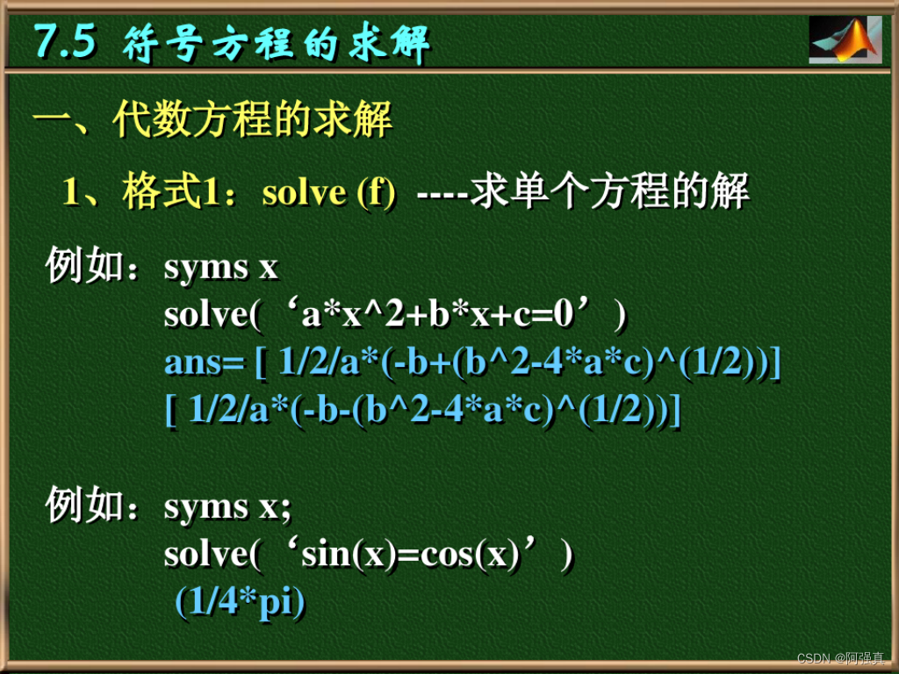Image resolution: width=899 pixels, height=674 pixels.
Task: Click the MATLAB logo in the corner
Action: (x=845, y=39)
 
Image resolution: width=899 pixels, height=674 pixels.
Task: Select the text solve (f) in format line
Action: (x=328, y=192)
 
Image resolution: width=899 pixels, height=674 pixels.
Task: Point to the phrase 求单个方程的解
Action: (x=609, y=192)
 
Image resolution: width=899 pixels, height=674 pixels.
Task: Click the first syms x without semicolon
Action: (x=221, y=268)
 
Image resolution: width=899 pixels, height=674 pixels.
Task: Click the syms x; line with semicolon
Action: (x=227, y=506)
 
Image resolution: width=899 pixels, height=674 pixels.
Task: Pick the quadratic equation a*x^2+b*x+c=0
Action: (x=439, y=314)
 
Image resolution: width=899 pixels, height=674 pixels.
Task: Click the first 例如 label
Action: (x=86, y=267)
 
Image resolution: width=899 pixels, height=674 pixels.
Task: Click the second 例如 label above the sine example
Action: (x=86, y=506)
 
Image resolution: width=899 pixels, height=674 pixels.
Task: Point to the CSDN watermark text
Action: (x=842, y=657)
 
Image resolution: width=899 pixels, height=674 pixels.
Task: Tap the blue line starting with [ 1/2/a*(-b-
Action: (x=422, y=409)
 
